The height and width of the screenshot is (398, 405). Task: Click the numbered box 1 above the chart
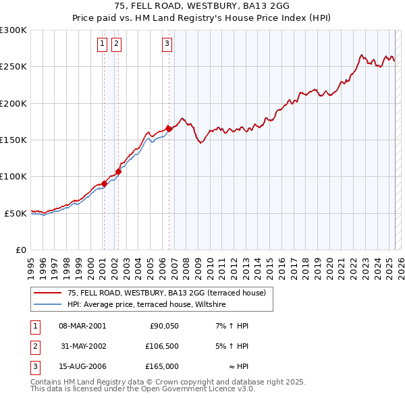pyautogui.click(x=102, y=45)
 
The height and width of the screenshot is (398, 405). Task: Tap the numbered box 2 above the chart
pyautogui.click(x=116, y=45)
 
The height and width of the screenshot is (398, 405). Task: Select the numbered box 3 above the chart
pyautogui.click(x=167, y=45)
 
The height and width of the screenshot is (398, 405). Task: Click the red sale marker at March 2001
pyautogui.click(x=104, y=183)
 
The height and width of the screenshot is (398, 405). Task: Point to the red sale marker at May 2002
pyautogui.click(x=118, y=171)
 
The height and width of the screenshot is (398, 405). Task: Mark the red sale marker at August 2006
pyautogui.click(x=169, y=129)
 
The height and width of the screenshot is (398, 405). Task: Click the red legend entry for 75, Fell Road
pyautogui.click(x=167, y=293)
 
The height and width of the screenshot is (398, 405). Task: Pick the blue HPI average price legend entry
pyautogui.click(x=146, y=305)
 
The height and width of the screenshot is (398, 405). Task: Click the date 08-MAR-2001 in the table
pyautogui.click(x=82, y=326)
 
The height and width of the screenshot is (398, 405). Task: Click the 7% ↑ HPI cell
pyautogui.click(x=232, y=326)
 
